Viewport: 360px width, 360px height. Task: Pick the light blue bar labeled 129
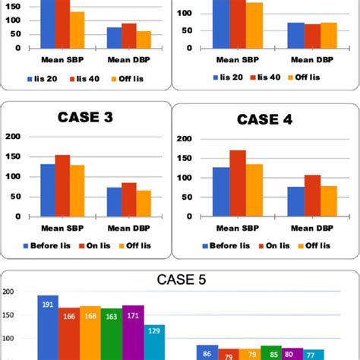pyautogui.click(x=154, y=342)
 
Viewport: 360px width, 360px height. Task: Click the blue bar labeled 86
pyautogui.click(x=207, y=352)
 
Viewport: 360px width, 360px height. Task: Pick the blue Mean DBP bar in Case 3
pyautogui.click(x=114, y=202)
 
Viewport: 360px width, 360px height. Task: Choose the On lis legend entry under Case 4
pyautogui.click(x=272, y=245)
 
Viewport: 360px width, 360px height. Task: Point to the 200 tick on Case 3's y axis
pyautogui.click(x=11, y=137)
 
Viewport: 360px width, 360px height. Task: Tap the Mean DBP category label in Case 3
pyautogui.click(x=128, y=229)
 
